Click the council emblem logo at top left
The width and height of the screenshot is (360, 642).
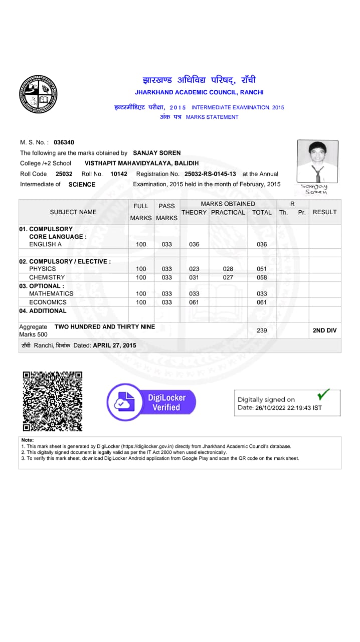click(38, 94)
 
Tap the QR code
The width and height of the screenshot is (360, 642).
click(53, 401)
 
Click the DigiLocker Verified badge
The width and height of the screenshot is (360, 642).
click(151, 402)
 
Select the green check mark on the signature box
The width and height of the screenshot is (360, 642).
click(324, 394)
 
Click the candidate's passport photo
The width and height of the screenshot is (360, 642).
click(317, 161)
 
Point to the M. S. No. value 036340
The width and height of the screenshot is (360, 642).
click(64, 142)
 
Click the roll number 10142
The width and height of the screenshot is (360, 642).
click(119, 174)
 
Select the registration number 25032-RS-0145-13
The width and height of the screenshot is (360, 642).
click(210, 174)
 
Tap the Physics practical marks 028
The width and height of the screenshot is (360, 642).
click(228, 269)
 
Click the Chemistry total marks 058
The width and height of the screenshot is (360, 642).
click(262, 277)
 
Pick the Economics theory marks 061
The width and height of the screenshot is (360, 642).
click(194, 302)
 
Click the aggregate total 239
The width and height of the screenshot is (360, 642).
click(262, 331)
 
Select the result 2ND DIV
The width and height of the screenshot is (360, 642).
click(324, 331)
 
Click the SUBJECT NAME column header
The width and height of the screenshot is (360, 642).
click(73, 212)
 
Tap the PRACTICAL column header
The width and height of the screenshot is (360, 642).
click(228, 212)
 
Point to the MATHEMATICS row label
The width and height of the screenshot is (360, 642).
click(51, 293)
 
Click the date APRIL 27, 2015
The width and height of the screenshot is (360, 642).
click(114, 346)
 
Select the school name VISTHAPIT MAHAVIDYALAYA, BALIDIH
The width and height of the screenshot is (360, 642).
click(141, 164)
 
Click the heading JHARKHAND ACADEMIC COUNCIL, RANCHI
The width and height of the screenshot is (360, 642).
click(199, 92)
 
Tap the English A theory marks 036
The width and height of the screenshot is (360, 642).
click(194, 244)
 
